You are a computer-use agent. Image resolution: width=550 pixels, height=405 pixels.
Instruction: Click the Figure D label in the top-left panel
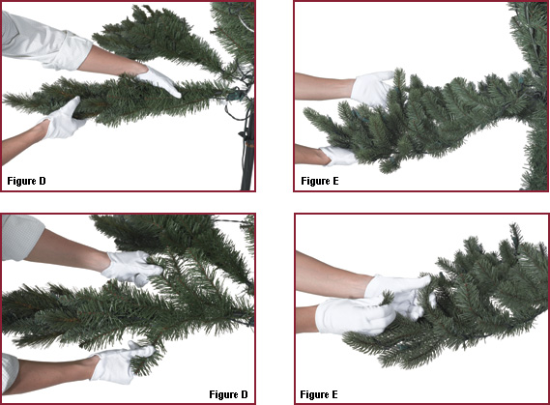[x=26, y=181]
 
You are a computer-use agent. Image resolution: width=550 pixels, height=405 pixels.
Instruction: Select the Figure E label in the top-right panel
[x=320, y=181]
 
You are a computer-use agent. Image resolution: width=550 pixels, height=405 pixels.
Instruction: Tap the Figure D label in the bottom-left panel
[x=228, y=394]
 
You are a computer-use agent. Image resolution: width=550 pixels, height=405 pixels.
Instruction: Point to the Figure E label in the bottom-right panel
[x=319, y=394]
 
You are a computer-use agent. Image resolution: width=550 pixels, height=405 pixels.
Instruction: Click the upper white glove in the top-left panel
[x=159, y=81]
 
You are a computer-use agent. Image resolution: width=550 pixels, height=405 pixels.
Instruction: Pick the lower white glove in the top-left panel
[x=63, y=119]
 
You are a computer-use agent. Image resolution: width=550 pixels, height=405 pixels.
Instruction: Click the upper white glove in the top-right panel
[x=371, y=88]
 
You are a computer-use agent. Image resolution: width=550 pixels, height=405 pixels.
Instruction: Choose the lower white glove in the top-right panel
[x=339, y=157]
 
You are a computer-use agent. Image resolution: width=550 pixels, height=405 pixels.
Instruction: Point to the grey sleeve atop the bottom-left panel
[x=21, y=238]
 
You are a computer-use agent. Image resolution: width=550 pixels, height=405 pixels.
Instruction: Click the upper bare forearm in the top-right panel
[x=324, y=86]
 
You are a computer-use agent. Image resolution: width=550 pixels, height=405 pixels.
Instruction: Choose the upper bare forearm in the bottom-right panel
[x=332, y=275]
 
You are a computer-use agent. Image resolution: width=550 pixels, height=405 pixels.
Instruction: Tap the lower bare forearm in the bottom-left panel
[x=52, y=373]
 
